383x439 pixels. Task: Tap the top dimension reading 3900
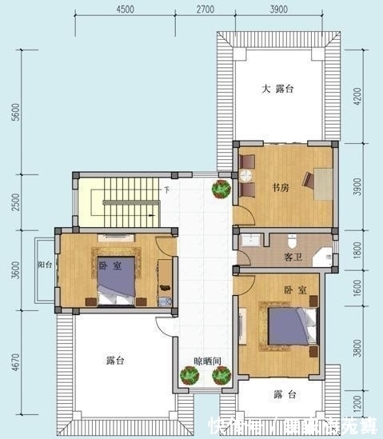click(278, 10)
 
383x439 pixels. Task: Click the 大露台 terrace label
click(278, 90)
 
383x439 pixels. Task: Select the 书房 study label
click(279, 189)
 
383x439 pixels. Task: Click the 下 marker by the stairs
click(166, 190)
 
